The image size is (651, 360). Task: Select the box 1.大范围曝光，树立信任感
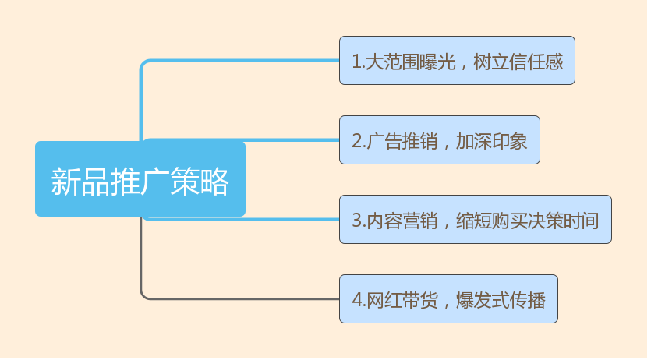click(x=457, y=60)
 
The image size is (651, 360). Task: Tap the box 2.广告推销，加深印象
click(x=439, y=140)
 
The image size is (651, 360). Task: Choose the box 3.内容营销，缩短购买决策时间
click(x=475, y=220)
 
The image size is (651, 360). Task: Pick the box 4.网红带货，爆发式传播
click(x=448, y=299)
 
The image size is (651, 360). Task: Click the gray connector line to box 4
click(x=234, y=298)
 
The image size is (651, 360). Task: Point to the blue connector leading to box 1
click(x=234, y=61)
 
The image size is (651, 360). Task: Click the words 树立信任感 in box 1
click(x=518, y=62)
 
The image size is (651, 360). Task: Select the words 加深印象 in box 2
click(x=492, y=141)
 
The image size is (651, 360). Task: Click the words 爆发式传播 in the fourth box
click(x=501, y=300)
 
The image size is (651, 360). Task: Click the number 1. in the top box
click(x=358, y=62)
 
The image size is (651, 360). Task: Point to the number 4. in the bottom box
click(x=358, y=300)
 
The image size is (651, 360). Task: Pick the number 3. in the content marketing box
click(x=358, y=221)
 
